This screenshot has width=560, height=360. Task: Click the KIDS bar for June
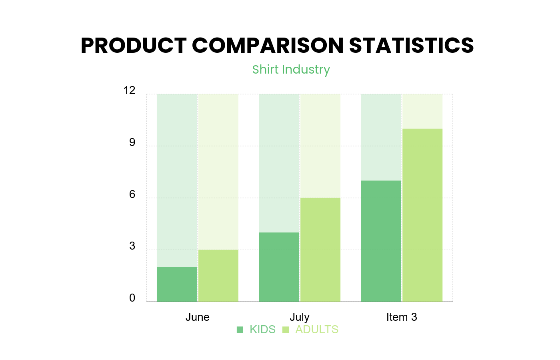point(177,284)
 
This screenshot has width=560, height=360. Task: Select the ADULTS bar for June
point(218,276)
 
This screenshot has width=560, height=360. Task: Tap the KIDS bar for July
point(279,267)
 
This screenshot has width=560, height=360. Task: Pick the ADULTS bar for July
point(320,250)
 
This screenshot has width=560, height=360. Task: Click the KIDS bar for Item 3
point(381,241)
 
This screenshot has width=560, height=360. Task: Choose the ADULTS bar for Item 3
point(422,215)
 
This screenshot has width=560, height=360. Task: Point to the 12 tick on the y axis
point(130,91)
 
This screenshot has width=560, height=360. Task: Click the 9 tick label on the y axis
point(132,143)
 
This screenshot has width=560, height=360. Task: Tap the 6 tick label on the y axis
point(132,195)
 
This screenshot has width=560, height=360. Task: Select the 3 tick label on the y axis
point(132,246)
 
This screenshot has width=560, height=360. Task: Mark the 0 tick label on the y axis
point(132,298)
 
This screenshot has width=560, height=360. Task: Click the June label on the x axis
point(198,317)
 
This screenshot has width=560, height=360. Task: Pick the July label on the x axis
point(300,317)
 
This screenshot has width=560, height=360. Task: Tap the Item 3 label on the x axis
point(402,317)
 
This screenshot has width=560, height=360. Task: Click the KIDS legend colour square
point(240,330)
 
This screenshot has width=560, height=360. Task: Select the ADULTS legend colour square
point(286,330)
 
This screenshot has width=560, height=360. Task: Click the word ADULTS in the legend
point(317,330)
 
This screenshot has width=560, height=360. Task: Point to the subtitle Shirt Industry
point(291,70)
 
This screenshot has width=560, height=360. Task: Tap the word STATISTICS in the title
point(412,45)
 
